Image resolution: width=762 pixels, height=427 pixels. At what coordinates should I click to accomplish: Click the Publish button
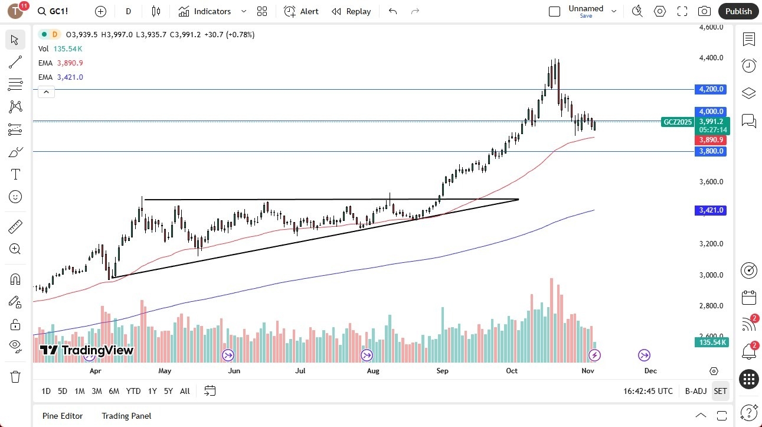[x=738, y=11]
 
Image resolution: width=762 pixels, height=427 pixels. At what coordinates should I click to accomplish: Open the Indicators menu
[x=205, y=11]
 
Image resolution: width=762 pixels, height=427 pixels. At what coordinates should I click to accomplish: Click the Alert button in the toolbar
[x=301, y=11]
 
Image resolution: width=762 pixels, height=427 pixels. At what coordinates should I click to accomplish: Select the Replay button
[x=351, y=11]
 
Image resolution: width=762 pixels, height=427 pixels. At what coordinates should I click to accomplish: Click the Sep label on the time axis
[x=442, y=371]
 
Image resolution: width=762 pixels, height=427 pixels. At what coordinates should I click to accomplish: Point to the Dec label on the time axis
[x=650, y=371]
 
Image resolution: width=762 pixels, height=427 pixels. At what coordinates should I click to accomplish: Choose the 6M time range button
[x=114, y=391]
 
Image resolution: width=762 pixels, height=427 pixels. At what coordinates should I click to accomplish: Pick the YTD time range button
[x=133, y=391]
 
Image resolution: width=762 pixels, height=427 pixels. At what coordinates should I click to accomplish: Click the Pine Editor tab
[x=63, y=416]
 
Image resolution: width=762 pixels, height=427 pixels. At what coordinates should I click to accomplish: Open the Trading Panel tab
[x=127, y=416]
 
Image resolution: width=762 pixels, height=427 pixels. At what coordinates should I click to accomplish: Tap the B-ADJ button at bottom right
[x=696, y=391]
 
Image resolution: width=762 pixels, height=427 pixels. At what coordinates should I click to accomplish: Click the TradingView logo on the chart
[x=87, y=350]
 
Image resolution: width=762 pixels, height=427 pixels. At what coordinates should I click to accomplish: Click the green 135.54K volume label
[x=712, y=343]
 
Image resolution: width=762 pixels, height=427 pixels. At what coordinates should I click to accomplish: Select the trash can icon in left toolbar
[x=15, y=377]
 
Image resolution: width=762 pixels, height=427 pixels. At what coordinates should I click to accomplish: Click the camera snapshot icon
[x=704, y=11]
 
